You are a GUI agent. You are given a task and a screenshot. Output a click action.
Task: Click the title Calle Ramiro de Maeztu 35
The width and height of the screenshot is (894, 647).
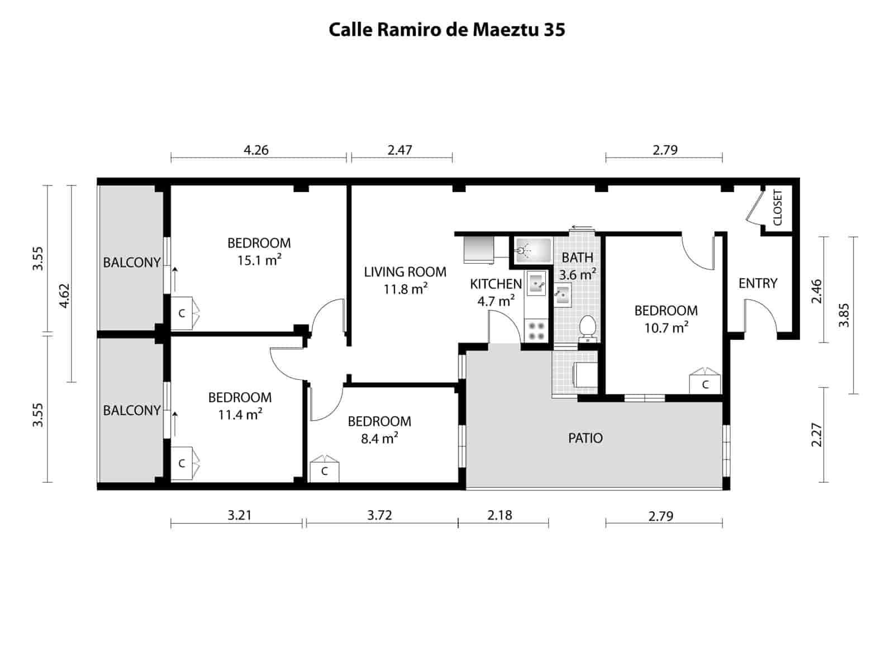446,30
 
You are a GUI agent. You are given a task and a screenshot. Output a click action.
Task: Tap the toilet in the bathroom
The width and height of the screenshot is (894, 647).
587,326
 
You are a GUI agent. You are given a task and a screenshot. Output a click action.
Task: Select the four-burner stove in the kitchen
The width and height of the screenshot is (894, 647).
537,330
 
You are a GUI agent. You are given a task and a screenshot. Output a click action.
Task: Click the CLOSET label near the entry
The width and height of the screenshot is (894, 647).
778,208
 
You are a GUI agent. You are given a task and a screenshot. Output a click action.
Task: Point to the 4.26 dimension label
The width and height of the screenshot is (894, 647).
256,150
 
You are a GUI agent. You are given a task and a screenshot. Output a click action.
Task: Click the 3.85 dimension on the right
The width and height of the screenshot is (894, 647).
844,315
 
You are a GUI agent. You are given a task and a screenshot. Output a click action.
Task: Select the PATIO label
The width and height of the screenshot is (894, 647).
585,438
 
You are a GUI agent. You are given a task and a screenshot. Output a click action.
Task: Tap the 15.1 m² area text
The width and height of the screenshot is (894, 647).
259,260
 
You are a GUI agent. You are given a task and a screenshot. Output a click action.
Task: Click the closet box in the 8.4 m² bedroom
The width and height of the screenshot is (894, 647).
325,470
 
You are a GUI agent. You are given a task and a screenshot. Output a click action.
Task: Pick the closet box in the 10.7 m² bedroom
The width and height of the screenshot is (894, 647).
705,384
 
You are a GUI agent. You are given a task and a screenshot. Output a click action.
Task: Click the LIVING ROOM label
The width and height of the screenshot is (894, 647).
405,272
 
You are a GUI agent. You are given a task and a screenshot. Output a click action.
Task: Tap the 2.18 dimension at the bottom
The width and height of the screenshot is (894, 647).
500,515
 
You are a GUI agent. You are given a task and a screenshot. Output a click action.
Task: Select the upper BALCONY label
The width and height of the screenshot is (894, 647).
132,263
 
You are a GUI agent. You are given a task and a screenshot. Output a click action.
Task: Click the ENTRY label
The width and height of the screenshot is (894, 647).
758,283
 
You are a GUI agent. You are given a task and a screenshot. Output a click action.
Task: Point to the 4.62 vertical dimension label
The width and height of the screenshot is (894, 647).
64,296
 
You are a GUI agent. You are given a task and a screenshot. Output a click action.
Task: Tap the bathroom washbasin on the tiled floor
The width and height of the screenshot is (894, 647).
562,294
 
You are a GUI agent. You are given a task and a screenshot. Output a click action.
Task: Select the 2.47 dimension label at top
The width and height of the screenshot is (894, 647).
400,150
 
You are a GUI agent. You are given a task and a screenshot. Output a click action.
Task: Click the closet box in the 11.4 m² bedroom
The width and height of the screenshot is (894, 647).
182,463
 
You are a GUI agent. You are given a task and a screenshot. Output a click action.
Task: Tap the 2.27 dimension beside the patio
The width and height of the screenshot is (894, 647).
816,434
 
